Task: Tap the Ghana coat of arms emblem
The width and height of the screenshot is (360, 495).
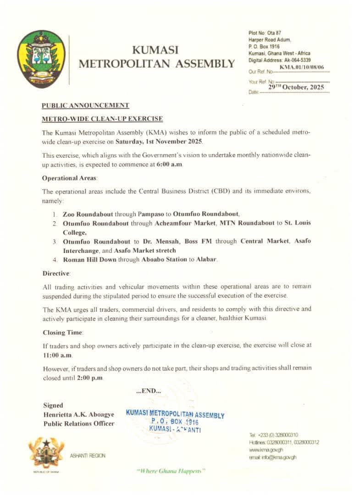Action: point(45,454)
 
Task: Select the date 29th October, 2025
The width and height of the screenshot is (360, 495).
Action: point(296,87)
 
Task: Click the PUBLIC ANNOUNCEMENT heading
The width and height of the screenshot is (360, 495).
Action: point(85,105)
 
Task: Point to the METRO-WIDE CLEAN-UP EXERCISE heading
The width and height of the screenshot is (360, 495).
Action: point(102,119)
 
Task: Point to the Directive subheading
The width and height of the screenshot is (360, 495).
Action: point(56,273)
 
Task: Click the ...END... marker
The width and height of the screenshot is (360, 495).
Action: point(149,391)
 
